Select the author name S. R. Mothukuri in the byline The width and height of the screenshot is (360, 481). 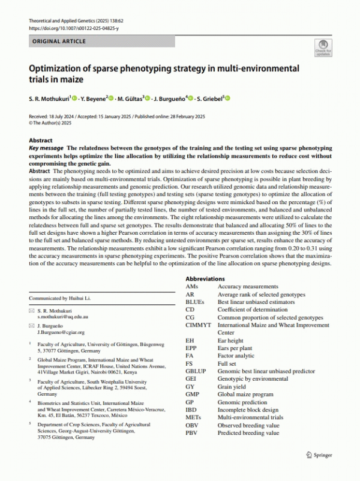pyautogui.click(x=50, y=98)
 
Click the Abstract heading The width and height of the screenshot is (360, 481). pyautogui.click(x=41, y=139)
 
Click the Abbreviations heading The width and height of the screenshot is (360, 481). pyautogui.click(x=205, y=279)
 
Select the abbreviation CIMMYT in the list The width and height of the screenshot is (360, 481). pyautogui.click(x=199, y=325)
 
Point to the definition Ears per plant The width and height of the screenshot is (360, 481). pyautogui.click(x=235, y=348)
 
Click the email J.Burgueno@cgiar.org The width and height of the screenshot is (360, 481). pyautogui.click(x=61, y=331)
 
